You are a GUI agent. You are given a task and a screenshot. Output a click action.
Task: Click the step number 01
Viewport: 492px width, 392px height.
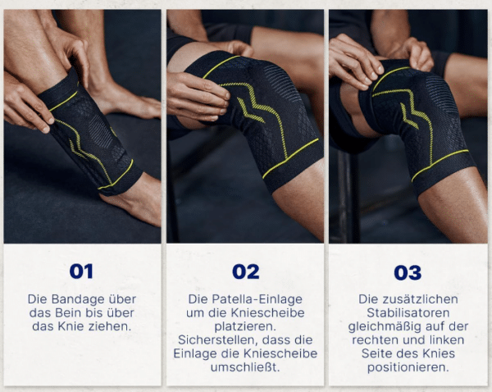pyautogui.click(x=81, y=271)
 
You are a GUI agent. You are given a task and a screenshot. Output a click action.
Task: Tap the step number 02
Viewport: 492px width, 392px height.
pyautogui.click(x=246, y=271)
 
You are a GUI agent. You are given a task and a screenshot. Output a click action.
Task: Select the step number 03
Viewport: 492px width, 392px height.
pyautogui.click(x=408, y=273)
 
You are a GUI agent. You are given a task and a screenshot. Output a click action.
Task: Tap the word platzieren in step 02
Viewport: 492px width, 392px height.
pyautogui.click(x=245, y=326)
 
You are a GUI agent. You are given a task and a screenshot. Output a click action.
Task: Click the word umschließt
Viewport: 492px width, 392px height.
pyautogui.click(x=245, y=367)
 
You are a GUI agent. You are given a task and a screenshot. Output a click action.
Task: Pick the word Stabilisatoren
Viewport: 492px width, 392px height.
pyautogui.click(x=408, y=313)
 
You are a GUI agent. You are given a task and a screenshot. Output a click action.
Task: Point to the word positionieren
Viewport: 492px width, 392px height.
pyautogui.click(x=408, y=367)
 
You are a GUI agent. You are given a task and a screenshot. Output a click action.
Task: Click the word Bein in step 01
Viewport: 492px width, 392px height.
pyautogui.click(x=66, y=313)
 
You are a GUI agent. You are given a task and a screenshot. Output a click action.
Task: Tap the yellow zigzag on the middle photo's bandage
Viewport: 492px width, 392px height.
pyautogui.click(x=251, y=111)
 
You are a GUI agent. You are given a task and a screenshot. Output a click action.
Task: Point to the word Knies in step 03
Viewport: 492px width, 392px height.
pyautogui.click(x=439, y=353)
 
